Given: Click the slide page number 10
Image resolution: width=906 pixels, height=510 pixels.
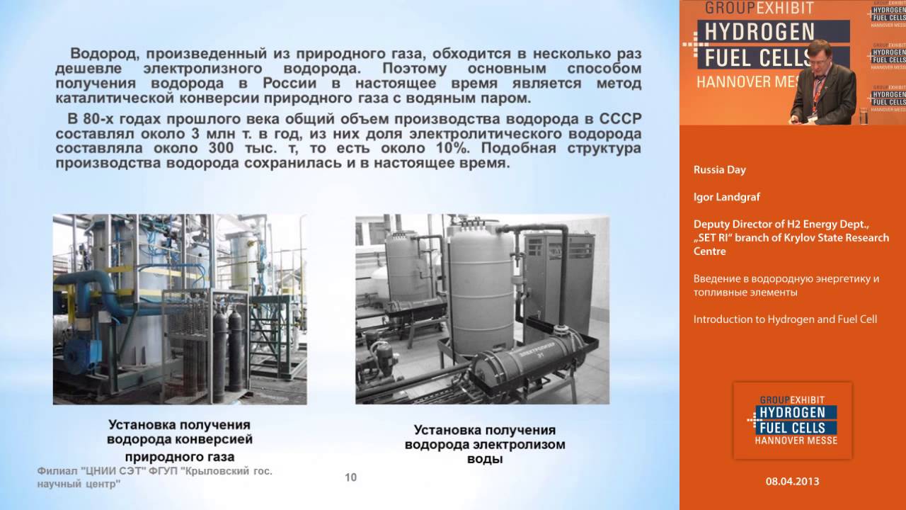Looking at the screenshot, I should (x=350, y=477).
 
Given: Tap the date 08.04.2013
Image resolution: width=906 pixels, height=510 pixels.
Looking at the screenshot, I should (x=792, y=481).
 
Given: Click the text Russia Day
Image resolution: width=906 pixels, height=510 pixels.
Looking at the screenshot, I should (x=719, y=170).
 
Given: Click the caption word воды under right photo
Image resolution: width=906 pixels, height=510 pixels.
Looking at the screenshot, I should (x=485, y=459).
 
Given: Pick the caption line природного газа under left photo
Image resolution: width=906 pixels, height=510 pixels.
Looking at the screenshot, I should (x=179, y=456).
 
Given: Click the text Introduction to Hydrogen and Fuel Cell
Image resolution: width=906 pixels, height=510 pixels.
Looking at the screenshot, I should (x=785, y=319).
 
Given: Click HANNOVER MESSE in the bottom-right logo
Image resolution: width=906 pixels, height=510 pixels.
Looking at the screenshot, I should (x=797, y=440).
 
